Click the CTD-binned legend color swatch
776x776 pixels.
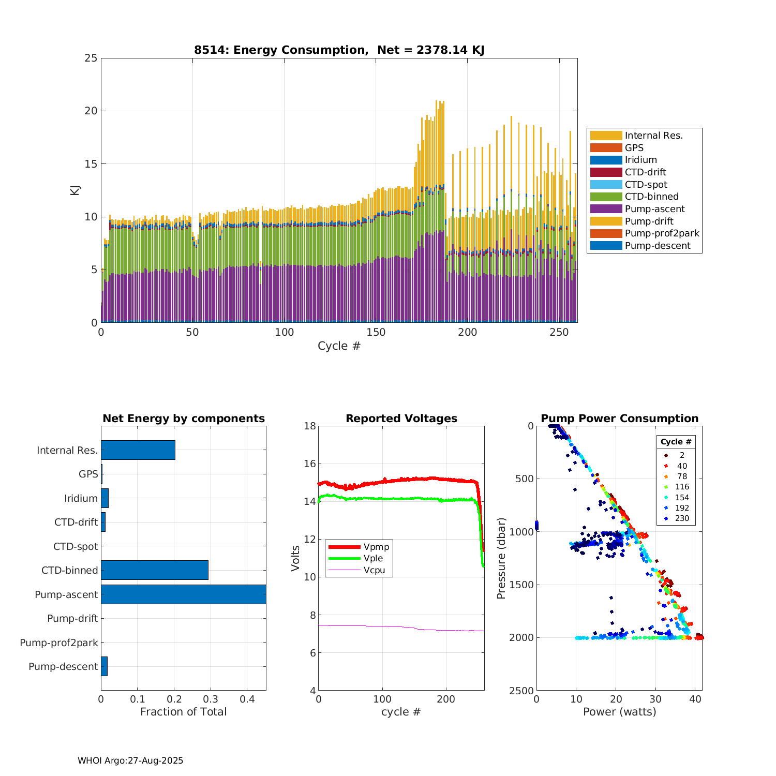[x=606, y=197]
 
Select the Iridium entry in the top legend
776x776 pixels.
[x=640, y=160]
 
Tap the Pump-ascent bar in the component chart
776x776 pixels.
[x=183, y=594]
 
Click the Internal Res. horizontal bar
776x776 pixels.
[x=138, y=450]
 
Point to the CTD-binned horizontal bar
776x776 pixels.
[x=155, y=570]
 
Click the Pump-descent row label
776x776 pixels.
[x=63, y=666]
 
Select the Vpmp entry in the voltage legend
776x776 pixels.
[x=376, y=547]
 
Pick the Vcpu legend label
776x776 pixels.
[x=374, y=570]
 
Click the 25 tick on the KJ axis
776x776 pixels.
[x=91, y=58]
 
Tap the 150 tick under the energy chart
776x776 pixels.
[x=376, y=332]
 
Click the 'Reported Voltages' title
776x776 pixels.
[x=401, y=419]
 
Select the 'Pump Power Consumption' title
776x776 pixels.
[x=619, y=419]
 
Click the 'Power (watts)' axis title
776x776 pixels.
[x=619, y=712]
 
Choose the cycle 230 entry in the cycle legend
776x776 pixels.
[x=682, y=518]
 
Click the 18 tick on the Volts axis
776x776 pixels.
[x=310, y=426]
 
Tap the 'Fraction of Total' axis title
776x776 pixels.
[x=183, y=712]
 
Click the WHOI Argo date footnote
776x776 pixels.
[x=130, y=760]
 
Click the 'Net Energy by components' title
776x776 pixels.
[x=183, y=419]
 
